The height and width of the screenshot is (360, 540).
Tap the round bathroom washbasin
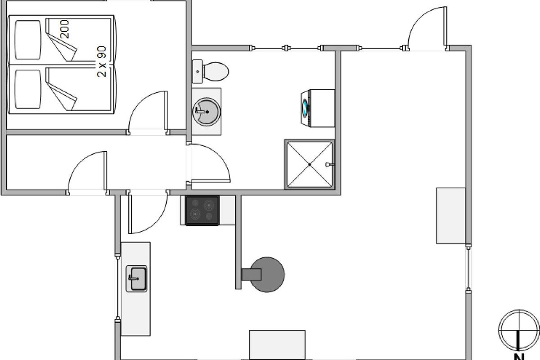pos(207,112)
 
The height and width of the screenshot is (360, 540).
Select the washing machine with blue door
pos(317,108)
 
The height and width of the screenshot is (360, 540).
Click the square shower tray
pos(310,165)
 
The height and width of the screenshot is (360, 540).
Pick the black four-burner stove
pos(202,210)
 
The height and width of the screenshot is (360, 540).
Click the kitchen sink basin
pos(136,279)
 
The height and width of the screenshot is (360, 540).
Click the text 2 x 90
pos(102,62)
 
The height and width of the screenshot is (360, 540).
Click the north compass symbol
pos(519,329)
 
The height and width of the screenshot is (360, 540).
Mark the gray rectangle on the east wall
pos(450,216)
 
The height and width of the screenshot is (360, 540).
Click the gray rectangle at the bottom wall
pos(277,345)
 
